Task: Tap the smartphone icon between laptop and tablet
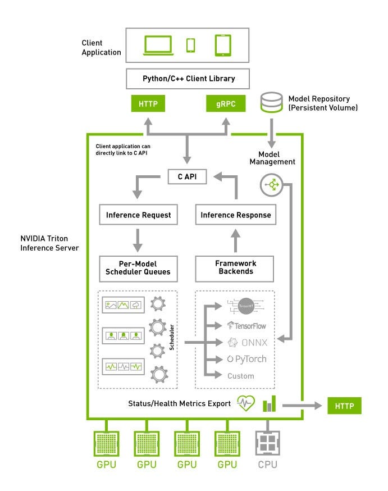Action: [191, 45]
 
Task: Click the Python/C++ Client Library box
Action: [188, 79]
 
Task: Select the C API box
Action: [188, 176]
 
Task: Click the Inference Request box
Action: [139, 215]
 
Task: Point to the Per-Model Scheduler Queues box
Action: [138, 268]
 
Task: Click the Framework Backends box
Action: [235, 268]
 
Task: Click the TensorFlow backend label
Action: [247, 325]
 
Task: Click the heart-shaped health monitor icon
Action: [247, 403]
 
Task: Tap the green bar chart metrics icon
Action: [270, 403]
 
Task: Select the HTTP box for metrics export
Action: [345, 404]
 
